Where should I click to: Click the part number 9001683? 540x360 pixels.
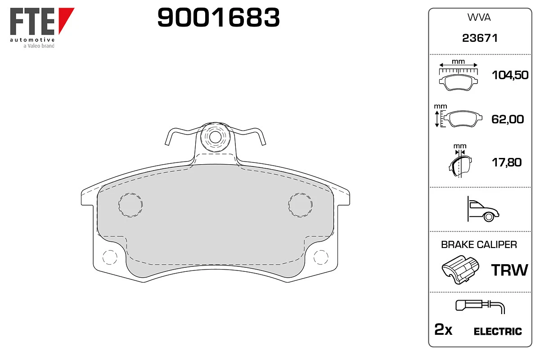219,18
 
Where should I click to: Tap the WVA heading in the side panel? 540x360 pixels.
480,18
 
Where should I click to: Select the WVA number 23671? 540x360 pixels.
480,39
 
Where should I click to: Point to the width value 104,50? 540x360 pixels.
509,76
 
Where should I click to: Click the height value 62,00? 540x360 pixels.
508,119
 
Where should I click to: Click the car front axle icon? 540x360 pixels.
483,210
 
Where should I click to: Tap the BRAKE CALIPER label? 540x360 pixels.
479,245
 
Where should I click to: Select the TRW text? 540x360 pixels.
509,270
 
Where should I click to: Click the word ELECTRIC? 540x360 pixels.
498,332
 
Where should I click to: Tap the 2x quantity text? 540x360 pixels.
443,331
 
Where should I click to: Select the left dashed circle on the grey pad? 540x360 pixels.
130,205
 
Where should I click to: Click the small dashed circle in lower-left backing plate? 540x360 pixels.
109,257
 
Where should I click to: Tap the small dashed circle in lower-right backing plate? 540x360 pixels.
321,257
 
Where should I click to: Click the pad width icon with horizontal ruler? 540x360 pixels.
458,74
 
